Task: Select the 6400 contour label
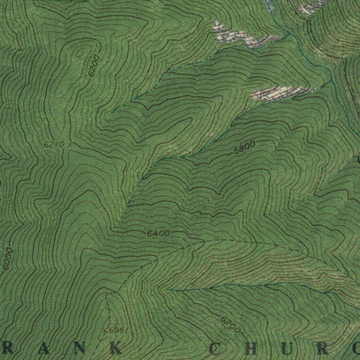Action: coord(157,235)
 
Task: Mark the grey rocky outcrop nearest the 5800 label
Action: coord(274,93)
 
